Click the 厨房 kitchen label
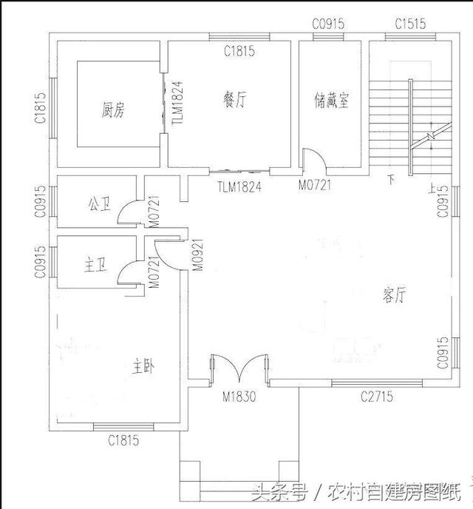click(113, 111)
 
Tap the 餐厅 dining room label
click(233, 101)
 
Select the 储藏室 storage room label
click(330, 101)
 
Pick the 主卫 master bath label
click(96, 266)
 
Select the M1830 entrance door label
click(239, 397)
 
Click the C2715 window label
click(377, 397)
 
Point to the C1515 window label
click(410, 24)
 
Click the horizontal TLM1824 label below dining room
click(239, 187)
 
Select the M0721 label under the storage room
click(316, 186)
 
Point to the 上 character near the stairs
click(432, 188)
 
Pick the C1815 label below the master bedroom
click(123, 442)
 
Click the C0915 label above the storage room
click(328, 24)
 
